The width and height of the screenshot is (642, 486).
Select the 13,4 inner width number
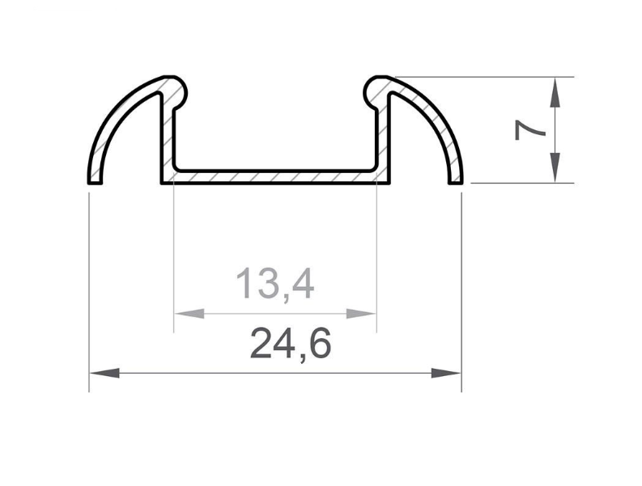[275, 284]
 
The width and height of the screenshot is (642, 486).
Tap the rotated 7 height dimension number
[529, 129]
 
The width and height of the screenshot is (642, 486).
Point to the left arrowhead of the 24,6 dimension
[104, 373]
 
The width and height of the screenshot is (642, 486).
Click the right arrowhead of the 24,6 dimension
[446, 373]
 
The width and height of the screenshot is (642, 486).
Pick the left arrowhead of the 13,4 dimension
[189, 314]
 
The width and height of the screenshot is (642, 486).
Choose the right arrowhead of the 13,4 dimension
[361, 314]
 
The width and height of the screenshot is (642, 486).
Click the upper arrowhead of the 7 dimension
[555, 92]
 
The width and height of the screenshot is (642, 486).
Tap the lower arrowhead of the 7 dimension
[555, 167]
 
